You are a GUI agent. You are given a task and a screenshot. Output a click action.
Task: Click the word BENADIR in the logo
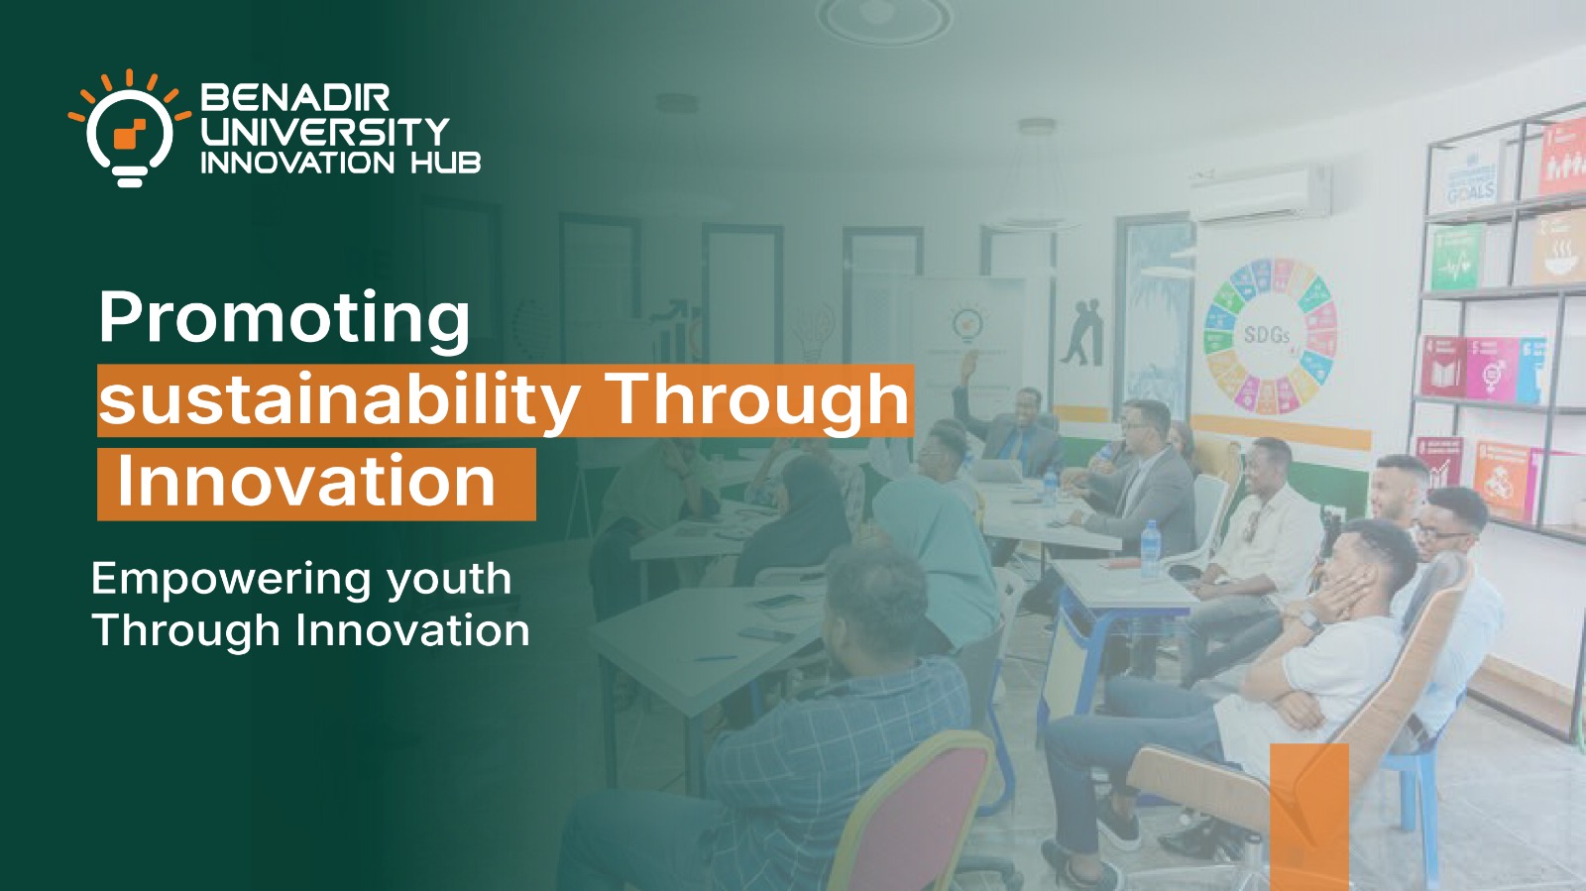click(x=295, y=97)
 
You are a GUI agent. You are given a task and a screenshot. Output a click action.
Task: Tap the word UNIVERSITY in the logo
click(x=325, y=131)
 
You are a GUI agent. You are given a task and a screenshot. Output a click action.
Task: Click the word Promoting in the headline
click(x=283, y=319)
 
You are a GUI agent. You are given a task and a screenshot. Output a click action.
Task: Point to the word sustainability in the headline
click(x=338, y=400)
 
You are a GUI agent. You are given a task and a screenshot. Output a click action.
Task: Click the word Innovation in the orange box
click(x=306, y=483)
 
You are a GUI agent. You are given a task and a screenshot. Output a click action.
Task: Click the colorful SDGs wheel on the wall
click(x=1270, y=336)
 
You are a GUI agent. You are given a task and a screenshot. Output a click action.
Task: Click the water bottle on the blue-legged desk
click(x=1150, y=547)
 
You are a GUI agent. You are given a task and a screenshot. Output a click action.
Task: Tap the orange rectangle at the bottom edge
click(x=1309, y=813)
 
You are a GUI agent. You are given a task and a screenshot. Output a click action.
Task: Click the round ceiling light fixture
click(x=884, y=20)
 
